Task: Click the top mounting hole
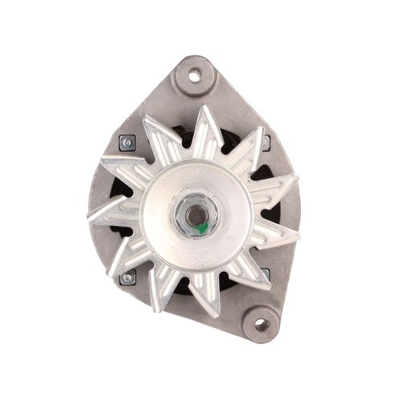click(193, 76)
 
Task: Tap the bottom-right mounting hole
click(260, 324)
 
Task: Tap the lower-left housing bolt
click(126, 278)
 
